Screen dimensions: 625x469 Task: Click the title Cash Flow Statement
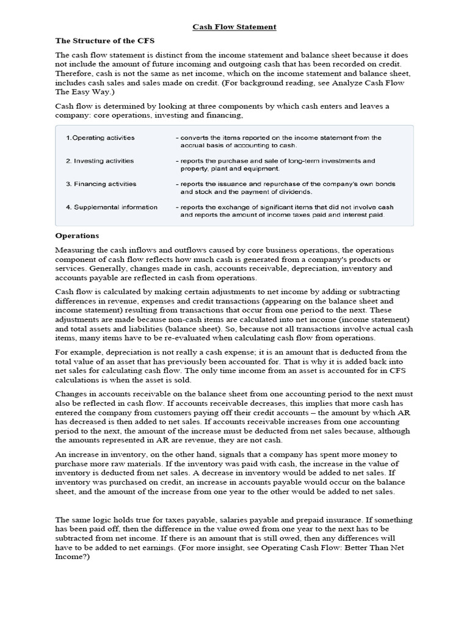[234, 27]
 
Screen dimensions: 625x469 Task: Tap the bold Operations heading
[77, 236]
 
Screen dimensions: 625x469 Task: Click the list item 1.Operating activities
[100, 138]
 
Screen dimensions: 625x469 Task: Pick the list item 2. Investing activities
[100, 161]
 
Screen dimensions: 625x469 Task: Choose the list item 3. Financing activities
[101, 184]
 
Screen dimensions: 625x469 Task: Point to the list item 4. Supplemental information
[111, 207]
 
